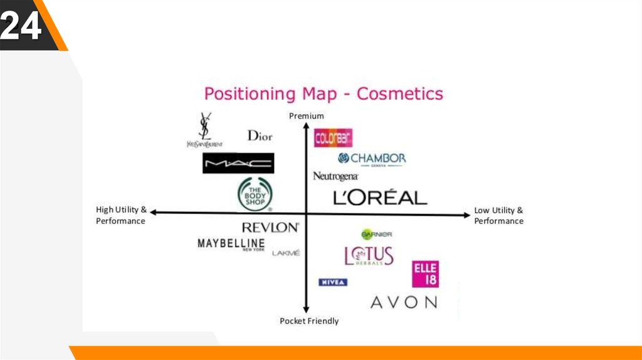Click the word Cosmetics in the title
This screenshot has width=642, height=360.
[399, 94]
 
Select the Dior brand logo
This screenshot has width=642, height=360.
[260, 135]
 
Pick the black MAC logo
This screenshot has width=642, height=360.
[238, 164]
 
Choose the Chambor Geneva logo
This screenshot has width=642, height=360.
[372, 159]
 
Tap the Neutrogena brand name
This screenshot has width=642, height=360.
[335, 176]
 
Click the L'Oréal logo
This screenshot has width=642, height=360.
[380, 198]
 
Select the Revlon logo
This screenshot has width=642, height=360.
[270, 227]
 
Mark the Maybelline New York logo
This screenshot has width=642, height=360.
[231, 244]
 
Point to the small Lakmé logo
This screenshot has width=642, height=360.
[286, 253]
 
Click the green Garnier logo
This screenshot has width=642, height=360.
[376, 234]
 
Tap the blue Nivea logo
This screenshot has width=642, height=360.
[333, 282]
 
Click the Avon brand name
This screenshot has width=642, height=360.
[404, 302]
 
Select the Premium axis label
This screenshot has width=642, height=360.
[306, 116]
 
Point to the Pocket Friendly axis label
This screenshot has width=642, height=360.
[309, 321]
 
